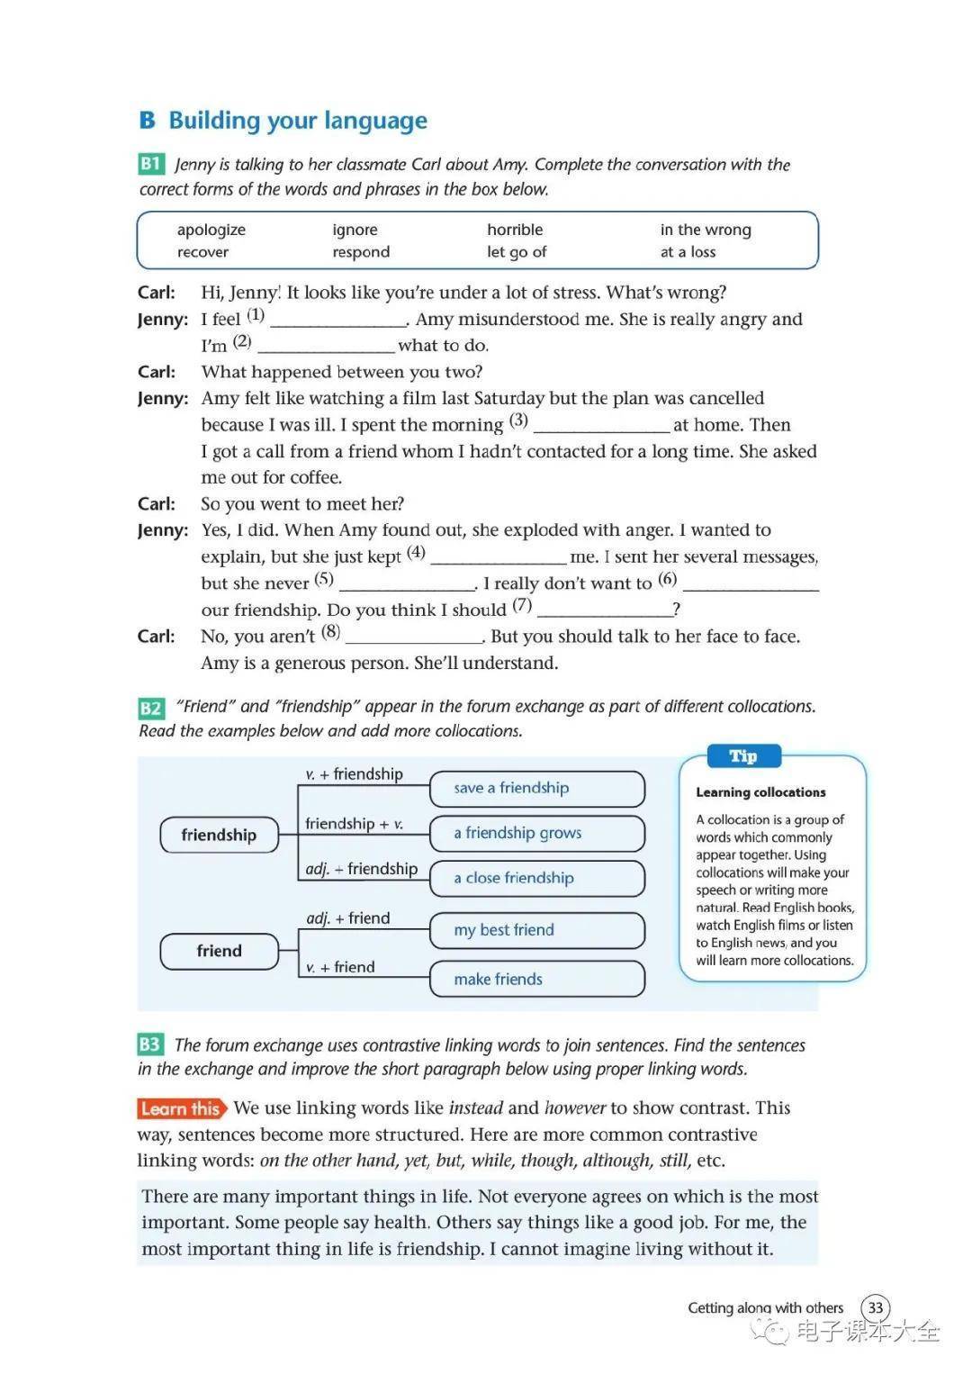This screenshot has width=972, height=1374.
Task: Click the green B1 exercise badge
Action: click(x=150, y=164)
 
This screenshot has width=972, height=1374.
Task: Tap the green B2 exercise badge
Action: click(x=150, y=708)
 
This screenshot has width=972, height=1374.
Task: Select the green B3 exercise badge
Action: click(x=149, y=1044)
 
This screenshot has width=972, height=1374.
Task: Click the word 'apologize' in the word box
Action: click(x=211, y=230)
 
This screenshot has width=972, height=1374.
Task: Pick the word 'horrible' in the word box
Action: click(x=515, y=230)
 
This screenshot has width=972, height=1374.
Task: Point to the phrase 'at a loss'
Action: click(x=688, y=252)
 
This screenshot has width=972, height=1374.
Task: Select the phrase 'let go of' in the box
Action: click(x=517, y=252)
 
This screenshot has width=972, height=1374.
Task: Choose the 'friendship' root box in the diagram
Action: click(x=219, y=835)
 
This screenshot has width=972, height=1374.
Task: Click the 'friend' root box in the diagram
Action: click(x=219, y=951)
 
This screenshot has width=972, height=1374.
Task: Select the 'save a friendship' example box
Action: click(x=537, y=788)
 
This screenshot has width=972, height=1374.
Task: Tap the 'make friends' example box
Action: click(x=537, y=979)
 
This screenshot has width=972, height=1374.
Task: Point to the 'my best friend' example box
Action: click(x=537, y=930)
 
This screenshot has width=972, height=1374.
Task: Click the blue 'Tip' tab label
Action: click(x=742, y=755)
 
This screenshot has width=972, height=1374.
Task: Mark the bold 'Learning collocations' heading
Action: click(x=760, y=792)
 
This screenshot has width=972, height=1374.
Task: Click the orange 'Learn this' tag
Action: click(x=181, y=1108)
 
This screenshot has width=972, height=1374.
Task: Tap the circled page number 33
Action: click(x=876, y=1307)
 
